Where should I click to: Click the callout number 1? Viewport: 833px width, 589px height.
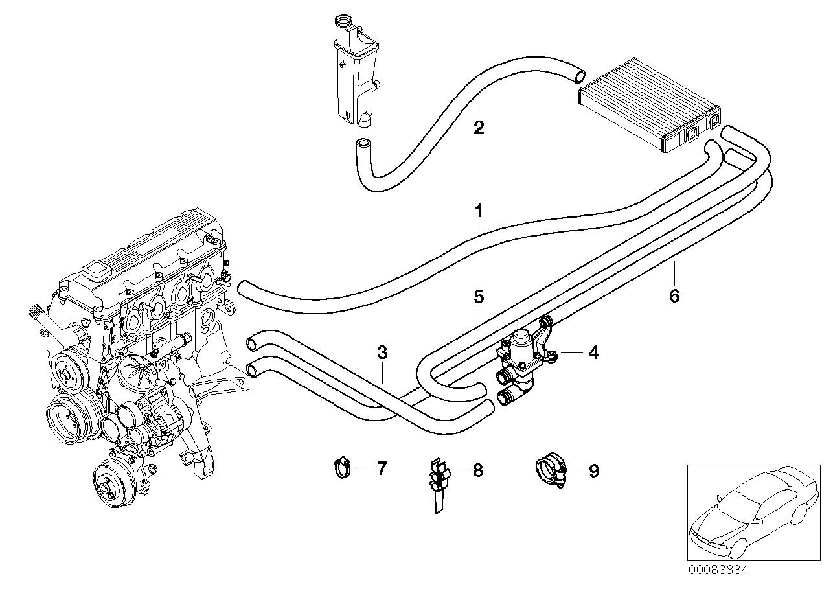(479, 211)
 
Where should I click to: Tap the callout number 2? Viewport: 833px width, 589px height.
(479, 128)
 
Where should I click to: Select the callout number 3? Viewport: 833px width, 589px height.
(382, 352)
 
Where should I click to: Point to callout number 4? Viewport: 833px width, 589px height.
(593, 352)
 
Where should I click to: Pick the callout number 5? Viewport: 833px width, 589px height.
(479, 297)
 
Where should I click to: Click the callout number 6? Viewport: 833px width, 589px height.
(674, 296)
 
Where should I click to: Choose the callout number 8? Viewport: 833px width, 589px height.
(477, 470)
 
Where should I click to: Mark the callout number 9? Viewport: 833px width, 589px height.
(593, 470)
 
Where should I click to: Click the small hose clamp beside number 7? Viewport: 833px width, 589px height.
(341, 467)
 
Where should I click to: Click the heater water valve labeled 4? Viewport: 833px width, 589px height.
(520, 360)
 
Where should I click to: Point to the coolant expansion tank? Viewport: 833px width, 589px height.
(354, 71)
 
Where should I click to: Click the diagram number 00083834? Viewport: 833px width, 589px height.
(717, 571)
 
